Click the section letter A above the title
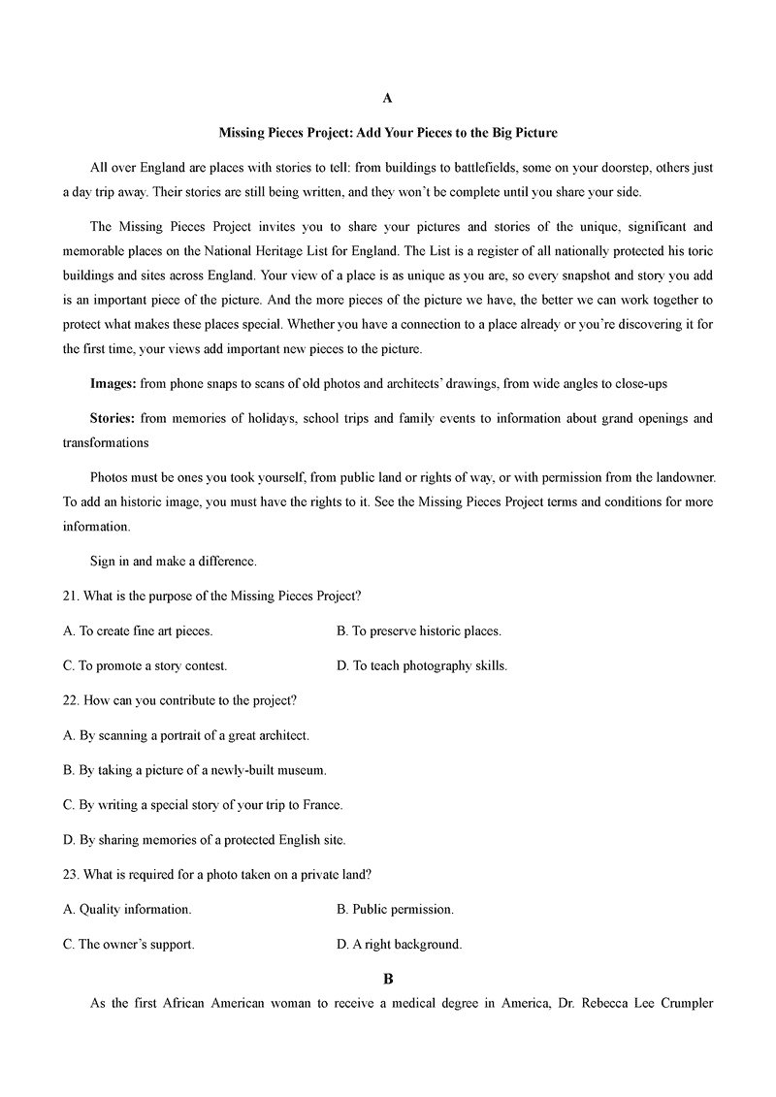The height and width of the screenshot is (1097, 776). tap(387, 98)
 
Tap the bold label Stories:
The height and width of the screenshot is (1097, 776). tap(113, 418)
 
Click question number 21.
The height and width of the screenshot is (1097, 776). tap(72, 595)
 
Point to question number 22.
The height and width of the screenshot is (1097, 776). tap(72, 699)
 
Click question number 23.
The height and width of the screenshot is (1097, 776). tap(72, 874)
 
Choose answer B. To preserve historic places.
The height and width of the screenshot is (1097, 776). tap(418, 630)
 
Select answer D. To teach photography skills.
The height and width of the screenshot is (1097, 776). tap(421, 665)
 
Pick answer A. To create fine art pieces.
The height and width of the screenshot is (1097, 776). tap(138, 630)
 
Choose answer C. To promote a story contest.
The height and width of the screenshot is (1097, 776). tap(145, 665)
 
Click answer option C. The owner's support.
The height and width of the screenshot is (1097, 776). tap(129, 944)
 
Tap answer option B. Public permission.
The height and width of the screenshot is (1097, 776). tap(395, 909)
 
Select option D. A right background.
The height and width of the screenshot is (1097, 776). tap(399, 944)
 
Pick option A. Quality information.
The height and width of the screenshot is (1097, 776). tap(127, 909)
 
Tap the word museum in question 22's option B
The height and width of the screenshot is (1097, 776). tap(303, 769)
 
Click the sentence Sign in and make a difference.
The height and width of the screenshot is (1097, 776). tap(173, 561)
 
